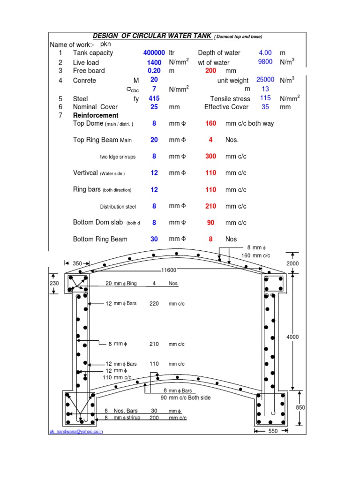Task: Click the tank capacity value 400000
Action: click(x=154, y=53)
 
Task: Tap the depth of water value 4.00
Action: click(x=265, y=52)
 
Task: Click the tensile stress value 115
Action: click(x=266, y=98)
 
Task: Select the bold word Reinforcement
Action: click(x=96, y=115)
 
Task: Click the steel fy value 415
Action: click(x=154, y=98)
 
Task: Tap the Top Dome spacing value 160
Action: click(x=211, y=123)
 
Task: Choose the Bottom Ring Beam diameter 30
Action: click(x=154, y=239)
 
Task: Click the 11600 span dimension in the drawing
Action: click(x=169, y=270)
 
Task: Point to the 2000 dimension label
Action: click(x=292, y=263)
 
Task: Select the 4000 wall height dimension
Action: click(x=292, y=337)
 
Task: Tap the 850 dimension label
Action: click(x=300, y=408)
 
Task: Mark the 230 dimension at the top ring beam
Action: click(x=54, y=284)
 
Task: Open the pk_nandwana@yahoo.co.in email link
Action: click(x=76, y=432)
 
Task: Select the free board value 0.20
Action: click(x=154, y=71)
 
